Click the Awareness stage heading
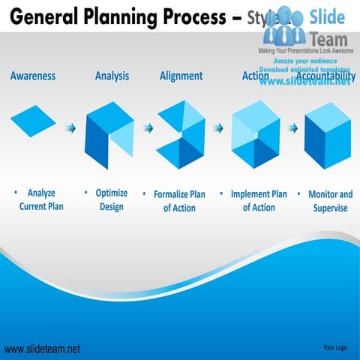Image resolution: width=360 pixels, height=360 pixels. [32, 76]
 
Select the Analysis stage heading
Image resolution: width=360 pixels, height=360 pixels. [112, 76]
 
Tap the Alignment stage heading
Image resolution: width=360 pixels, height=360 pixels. [181, 76]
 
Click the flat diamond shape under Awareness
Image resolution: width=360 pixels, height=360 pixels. [33, 120]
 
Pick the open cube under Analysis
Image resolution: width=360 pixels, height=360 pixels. [109, 135]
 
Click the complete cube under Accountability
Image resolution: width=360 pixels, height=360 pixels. [328, 135]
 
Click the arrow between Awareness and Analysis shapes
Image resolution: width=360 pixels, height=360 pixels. [71, 128]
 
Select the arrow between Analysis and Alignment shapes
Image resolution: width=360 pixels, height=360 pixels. [148, 128]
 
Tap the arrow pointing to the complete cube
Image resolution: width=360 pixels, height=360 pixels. [292, 128]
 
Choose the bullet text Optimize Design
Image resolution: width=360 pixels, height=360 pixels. [112, 200]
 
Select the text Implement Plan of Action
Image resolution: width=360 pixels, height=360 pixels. [259, 201]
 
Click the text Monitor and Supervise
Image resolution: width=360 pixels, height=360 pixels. [330, 201]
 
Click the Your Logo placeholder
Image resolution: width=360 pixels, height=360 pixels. [334, 347]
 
